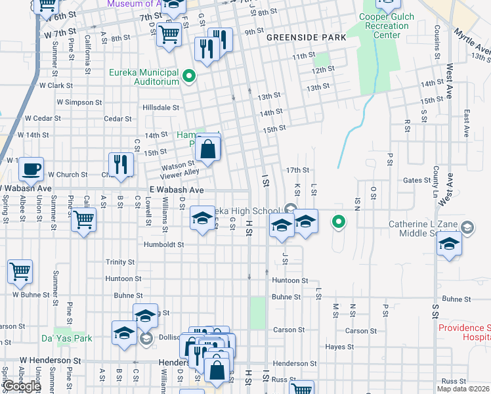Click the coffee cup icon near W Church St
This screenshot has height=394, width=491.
point(31,169)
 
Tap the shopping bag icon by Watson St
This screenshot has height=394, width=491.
point(207,148)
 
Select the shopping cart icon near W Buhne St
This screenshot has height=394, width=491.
point(20,272)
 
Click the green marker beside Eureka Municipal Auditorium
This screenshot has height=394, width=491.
point(190,77)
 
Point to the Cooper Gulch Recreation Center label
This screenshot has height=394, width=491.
point(383,26)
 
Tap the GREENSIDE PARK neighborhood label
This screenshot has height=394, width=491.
point(306,37)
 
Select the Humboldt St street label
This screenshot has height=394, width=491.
point(163,244)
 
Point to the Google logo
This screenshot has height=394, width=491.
point(21,386)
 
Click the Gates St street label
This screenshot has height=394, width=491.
point(416,180)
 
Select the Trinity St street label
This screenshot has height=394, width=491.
point(119,262)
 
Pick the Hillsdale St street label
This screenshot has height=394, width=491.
point(161,107)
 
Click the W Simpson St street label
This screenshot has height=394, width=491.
point(79,102)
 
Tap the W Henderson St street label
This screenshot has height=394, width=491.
point(50,361)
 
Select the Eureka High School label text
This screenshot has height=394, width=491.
point(246,211)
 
